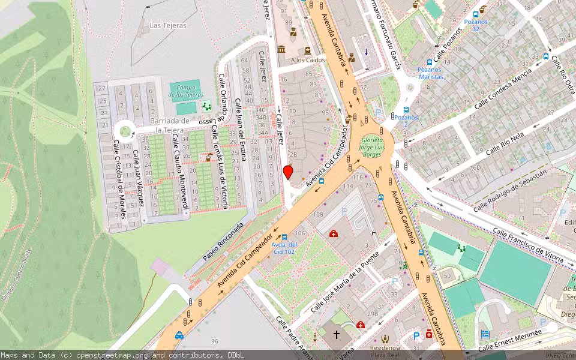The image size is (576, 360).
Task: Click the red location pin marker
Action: (288, 173)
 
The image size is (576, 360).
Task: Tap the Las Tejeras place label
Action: (168, 26)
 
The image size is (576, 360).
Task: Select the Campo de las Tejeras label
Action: (185, 91)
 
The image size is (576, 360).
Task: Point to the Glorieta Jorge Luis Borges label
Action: (370, 146)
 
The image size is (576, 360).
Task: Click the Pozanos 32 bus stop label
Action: (476, 25)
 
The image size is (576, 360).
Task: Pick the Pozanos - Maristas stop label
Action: (430, 73)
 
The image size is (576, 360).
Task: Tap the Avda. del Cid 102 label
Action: (284, 247)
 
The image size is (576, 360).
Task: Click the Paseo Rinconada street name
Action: (223, 242)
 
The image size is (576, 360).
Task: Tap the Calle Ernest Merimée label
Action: (510, 340)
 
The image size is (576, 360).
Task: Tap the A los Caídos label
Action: (308, 60)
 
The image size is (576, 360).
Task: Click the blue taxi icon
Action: (179, 336)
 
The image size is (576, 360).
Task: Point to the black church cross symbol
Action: (337, 334)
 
